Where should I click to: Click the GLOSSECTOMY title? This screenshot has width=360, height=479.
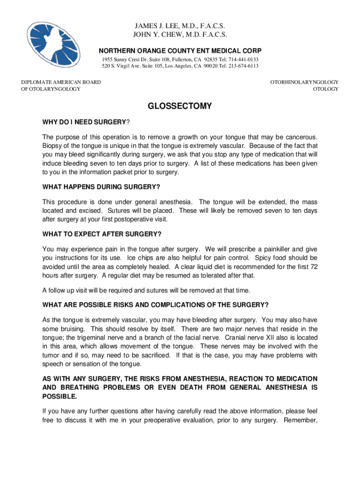180,106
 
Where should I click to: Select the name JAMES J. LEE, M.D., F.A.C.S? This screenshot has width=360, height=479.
180,25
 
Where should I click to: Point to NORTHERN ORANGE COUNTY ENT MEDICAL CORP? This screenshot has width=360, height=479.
180,51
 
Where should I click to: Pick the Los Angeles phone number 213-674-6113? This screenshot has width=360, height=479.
242,66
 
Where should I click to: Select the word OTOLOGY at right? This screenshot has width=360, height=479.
326,89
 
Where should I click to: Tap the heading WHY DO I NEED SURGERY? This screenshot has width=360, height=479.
85,123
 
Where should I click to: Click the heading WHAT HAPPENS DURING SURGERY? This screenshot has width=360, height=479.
101,187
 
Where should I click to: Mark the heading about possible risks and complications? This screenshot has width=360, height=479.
155,305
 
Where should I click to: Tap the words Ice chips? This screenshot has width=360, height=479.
140,258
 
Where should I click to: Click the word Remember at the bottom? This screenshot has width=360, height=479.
299,420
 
